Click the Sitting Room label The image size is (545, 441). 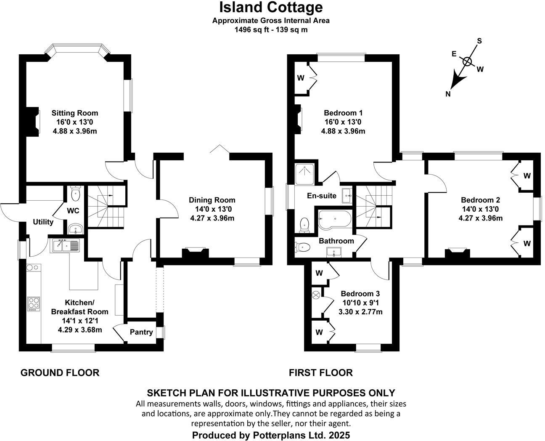pyautogui.click(x=75, y=113)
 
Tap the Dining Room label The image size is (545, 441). pyautogui.click(x=212, y=200)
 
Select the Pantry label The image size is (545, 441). pyautogui.click(x=141, y=332)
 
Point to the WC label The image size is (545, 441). pyautogui.click(x=73, y=210)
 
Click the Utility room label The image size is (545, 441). pyautogui.click(x=43, y=222)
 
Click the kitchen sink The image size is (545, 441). pyautogui.click(x=65, y=245)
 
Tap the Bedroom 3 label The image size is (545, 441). pyautogui.click(x=360, y=294)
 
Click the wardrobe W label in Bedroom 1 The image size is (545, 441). pyautogui.click(x=301, y=78)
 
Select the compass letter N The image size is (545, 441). pyautogui.click(x=448, y=94)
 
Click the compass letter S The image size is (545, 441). pyautogui.click(x=479, y=41)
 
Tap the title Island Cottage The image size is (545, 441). pyautogui.click(x=271, y=7)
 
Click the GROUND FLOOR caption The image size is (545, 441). pyautogui.click(x=60, y=372)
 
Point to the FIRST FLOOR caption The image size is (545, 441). pyautogui.click(x=320, y=372)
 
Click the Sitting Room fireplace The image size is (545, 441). pyautogui.click(x=33, y=120)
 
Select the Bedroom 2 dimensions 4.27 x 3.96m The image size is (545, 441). pyautogui.click(x=481, y=218)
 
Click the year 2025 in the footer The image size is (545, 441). pyautogui.click(x=337, y=435)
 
